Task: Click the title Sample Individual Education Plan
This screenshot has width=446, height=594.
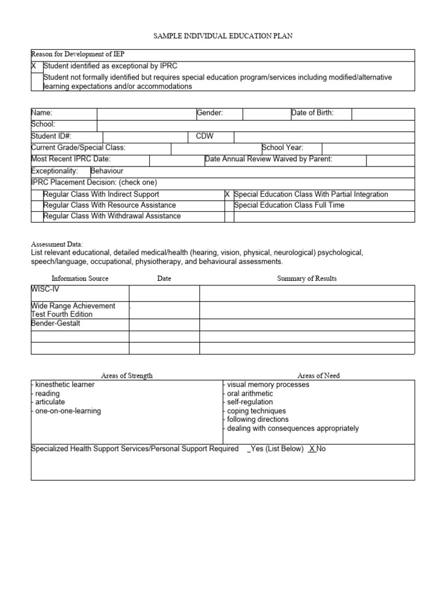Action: point(223,36)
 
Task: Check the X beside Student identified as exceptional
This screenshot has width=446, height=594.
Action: point(34,67)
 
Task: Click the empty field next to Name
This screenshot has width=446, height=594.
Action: point(146,113)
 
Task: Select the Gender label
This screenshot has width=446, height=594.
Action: point(210,113)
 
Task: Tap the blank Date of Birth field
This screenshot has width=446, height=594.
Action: point(383,113)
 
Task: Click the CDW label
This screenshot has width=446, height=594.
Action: point(205,136)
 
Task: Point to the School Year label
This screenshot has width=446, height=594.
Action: point(283,148)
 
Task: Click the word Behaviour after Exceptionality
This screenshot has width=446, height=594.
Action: point(107,171)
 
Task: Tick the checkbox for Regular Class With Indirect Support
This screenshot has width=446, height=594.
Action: point(37,194)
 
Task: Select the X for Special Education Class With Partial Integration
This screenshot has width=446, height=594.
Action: point(228,194)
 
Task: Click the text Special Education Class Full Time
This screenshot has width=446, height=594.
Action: point(289,205)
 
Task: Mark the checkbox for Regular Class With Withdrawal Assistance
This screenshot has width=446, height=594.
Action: point(37,216)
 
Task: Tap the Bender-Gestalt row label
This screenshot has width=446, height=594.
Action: point(56,324)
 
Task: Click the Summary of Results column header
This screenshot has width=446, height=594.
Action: point(307,278)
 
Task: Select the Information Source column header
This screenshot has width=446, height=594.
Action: point(80,278)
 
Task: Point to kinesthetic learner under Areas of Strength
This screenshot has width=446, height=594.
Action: point(64,385)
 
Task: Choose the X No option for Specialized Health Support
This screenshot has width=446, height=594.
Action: point(317,449)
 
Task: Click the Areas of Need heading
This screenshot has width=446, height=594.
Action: point(319,375)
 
